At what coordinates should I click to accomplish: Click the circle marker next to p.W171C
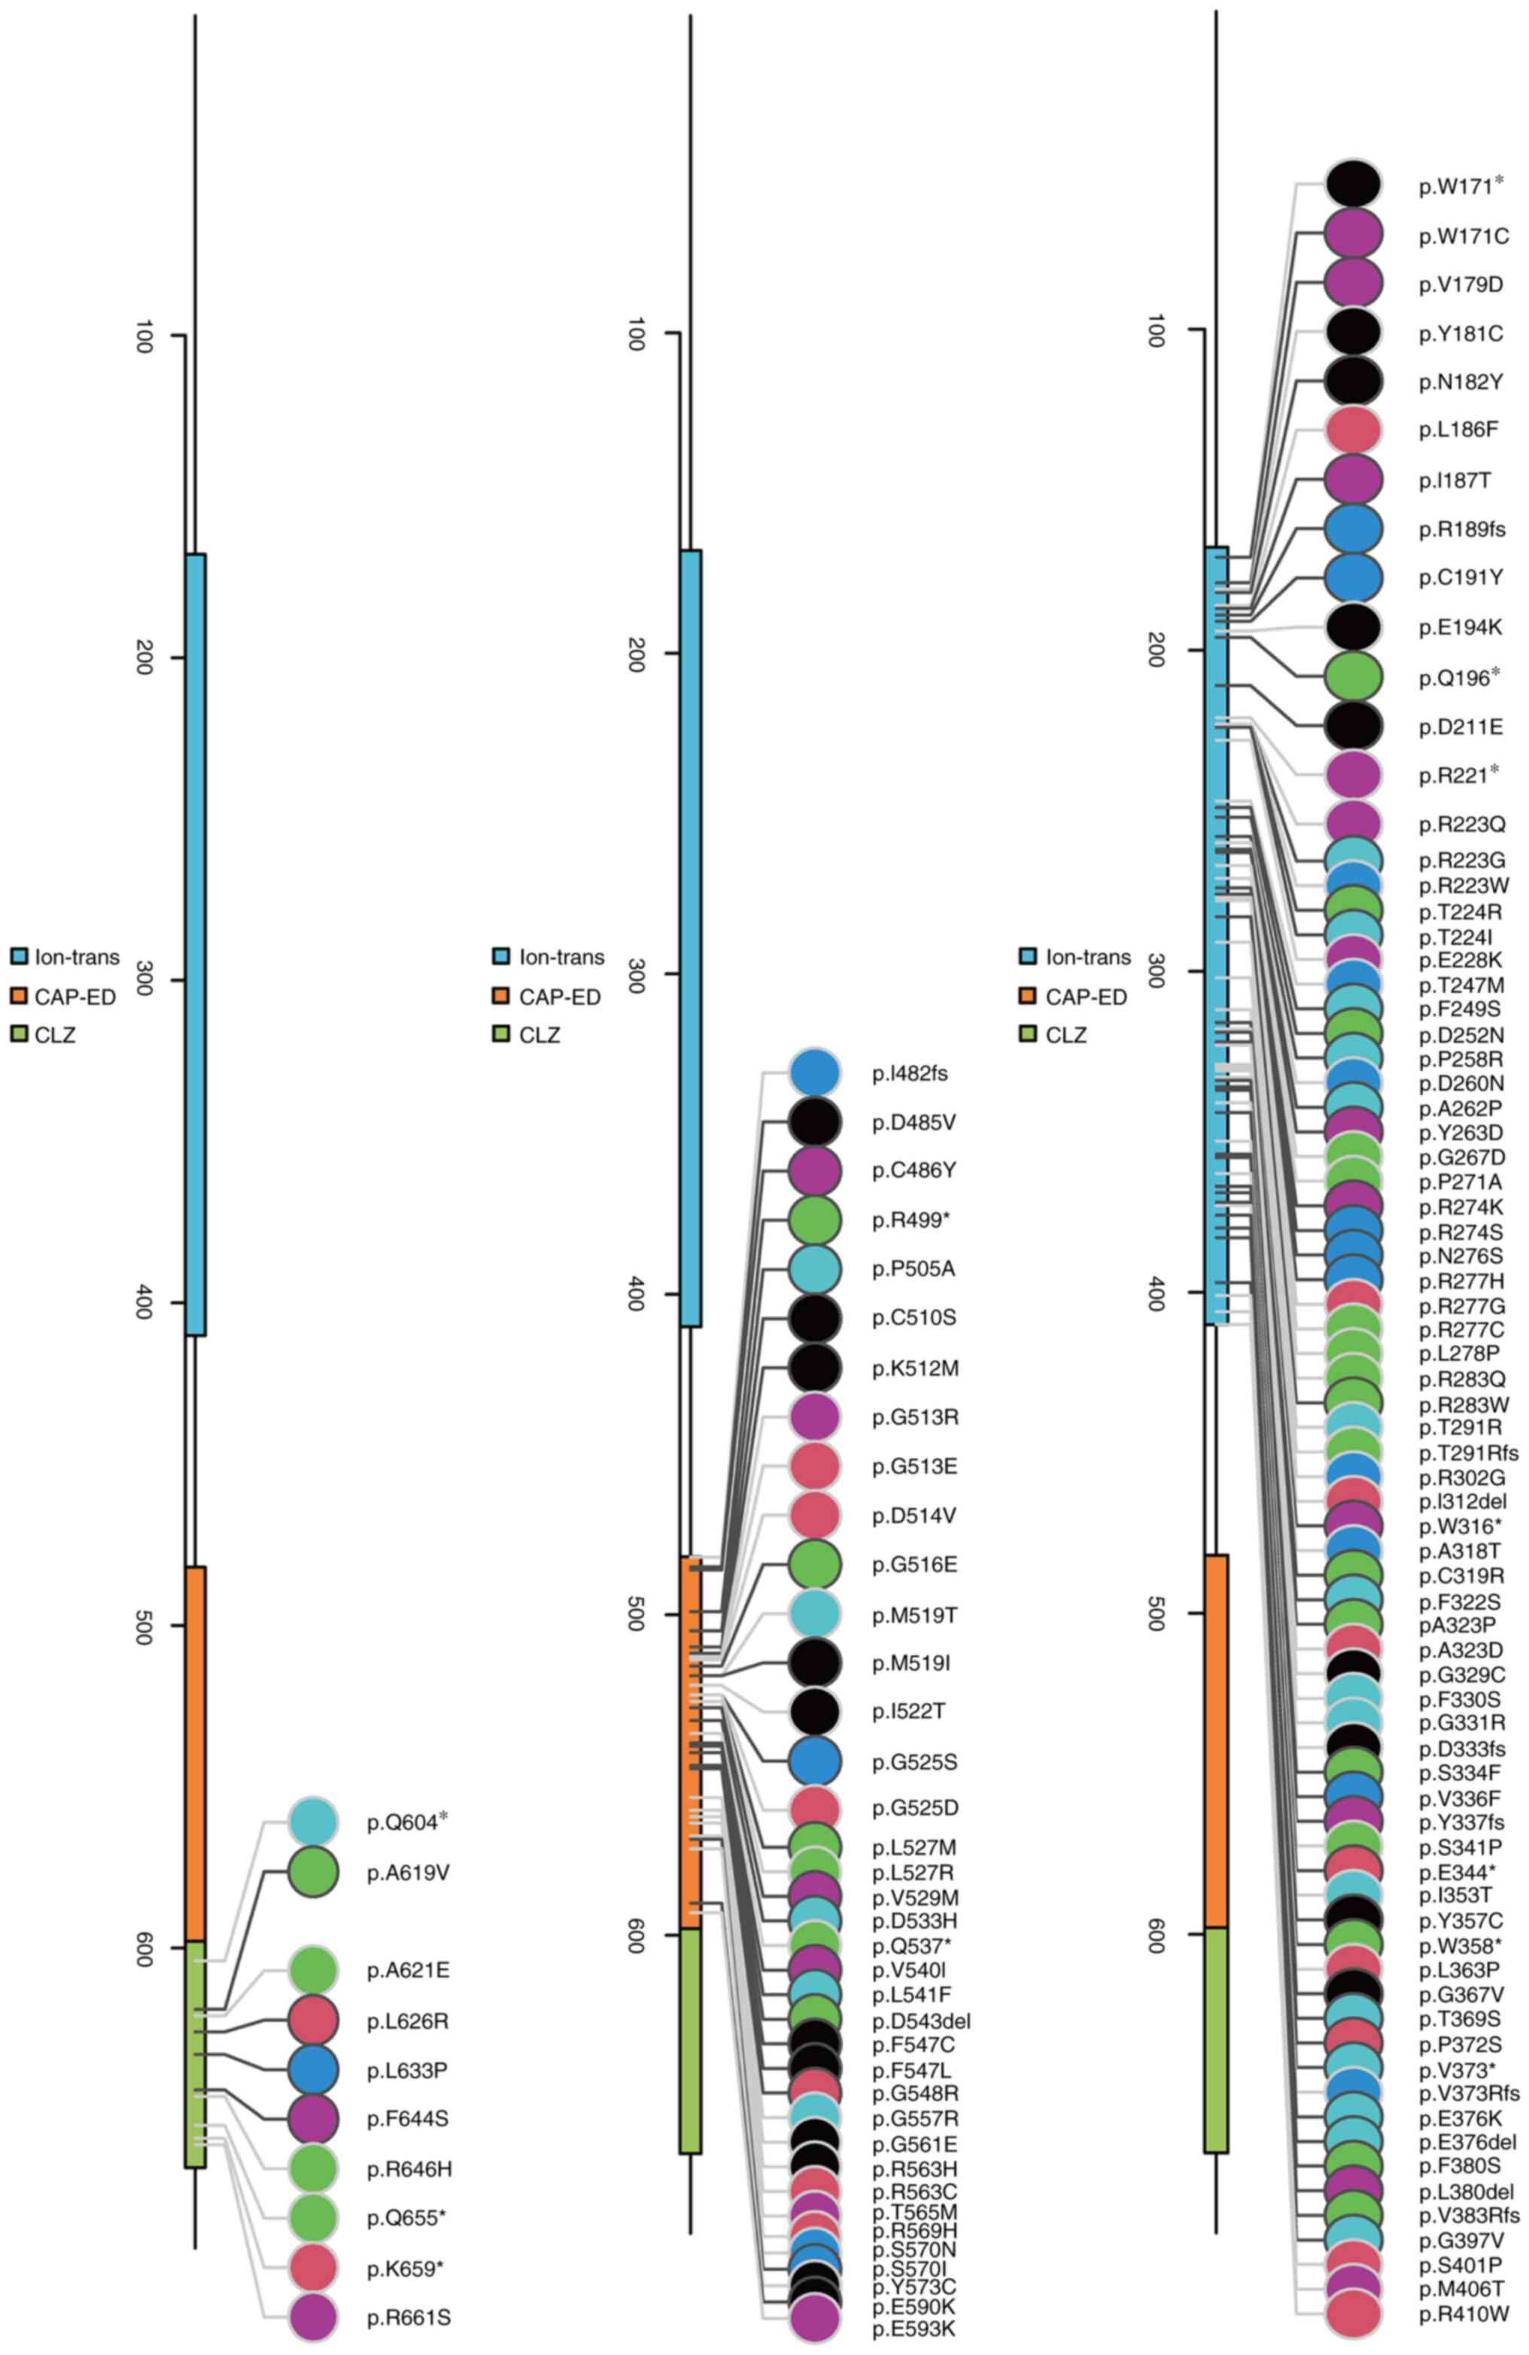[x=1352, y=235]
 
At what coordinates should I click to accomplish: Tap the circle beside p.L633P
[x=314, y=2070]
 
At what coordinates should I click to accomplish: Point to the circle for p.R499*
[x=814, y=1220]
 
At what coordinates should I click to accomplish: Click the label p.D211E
[x=1460, y=727]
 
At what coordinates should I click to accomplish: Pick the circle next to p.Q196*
[x=1352, y=677]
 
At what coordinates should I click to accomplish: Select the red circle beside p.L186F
[x=1352, y=430]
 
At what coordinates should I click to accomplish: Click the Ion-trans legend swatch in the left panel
[x=19, y=957]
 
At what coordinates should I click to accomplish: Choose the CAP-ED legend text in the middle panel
[x=559, y=997]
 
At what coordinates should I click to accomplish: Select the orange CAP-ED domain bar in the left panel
[x=195, y=1752]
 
